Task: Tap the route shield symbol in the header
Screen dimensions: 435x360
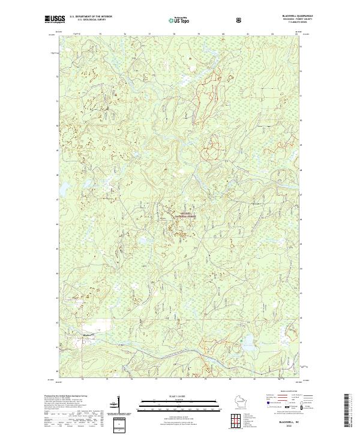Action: coord(240,19)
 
